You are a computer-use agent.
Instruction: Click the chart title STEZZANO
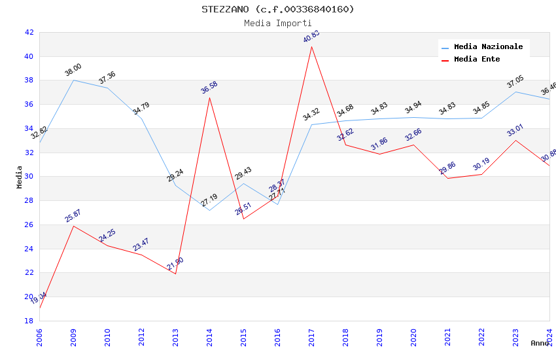(277, 9)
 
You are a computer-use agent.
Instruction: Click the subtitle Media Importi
(277, 24)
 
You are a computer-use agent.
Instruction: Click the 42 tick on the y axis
(29, 32)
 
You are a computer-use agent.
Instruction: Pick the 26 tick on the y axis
(29, 225)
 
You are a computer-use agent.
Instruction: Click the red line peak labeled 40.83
(311, 46)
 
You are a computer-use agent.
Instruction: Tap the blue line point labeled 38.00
(73, 80)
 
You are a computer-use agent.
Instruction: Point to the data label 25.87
(73, 216)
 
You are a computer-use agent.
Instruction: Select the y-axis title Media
(20, 177)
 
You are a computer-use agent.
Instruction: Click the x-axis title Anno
(540, 343)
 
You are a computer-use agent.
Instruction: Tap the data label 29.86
(447, 168)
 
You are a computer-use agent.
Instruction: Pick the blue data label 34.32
(311, 115)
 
